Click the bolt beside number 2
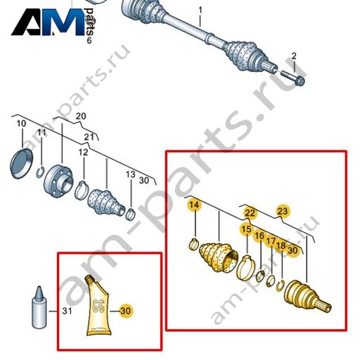293,78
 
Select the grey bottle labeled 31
39,307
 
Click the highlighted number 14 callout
194,205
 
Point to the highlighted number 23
283,211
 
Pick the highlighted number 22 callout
250,213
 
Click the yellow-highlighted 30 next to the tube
126,311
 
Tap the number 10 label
21,124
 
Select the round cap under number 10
22,163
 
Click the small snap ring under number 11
41,172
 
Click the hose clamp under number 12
82,190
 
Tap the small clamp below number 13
130,214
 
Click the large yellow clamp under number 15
245,267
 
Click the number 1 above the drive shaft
200,11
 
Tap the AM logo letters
48,22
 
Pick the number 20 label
81,116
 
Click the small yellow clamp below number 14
193,244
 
